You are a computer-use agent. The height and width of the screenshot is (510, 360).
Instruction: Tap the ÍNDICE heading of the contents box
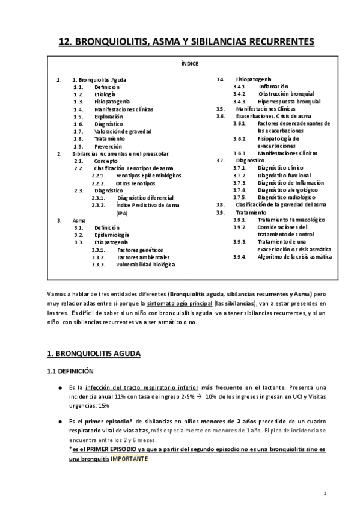pyautogui.click(x=189, y=63)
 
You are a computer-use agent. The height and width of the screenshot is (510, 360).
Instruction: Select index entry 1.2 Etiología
pyautogui.click(x=105, y=94)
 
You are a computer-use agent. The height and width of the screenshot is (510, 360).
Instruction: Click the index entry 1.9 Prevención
pyautogui.click(x=108, y=146)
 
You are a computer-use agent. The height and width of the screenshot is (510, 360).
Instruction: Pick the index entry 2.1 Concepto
pyautogui.click(x=106, y=161)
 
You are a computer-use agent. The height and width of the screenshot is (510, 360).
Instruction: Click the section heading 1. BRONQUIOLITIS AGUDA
pyautogui.click(x=94, y=354)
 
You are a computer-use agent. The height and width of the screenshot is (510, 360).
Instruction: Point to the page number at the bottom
pyautogui.click(x=325, y=494)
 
